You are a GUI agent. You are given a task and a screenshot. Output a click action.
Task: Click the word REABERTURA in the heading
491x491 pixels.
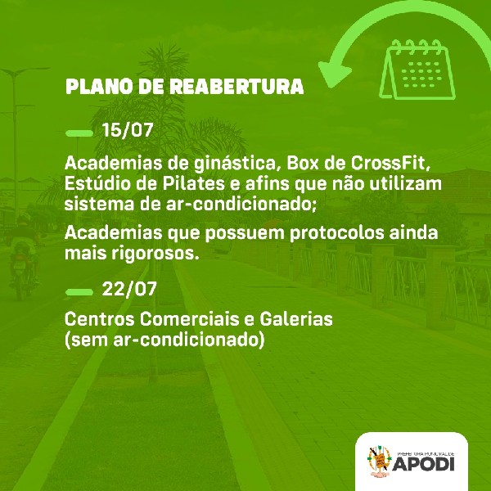click(x=236, y=87)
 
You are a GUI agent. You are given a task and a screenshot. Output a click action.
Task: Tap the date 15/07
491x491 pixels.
click(x=128, y=129)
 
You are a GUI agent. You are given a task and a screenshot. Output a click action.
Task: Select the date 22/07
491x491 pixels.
click(x=129, y=289)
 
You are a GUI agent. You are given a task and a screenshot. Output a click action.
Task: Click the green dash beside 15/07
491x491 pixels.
click(x=79, y=133)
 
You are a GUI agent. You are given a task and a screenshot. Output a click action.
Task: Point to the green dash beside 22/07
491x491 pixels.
click(x=79, y=292)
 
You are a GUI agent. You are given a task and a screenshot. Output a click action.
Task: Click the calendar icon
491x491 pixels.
click(x=417, y=70)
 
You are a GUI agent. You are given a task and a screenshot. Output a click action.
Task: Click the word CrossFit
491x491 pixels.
click(x=390, y=163)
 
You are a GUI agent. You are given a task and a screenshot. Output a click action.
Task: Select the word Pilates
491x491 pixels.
click(x=193, y=184)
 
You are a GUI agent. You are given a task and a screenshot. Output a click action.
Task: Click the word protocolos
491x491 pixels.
click(x=337, y=233)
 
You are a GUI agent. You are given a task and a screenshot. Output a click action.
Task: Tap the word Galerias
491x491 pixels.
click(x=296, y=319)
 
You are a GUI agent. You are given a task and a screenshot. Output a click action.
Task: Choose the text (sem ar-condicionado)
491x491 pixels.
click(x=164, y=340)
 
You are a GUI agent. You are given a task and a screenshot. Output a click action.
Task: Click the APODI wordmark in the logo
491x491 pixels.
click(x=423, y=463)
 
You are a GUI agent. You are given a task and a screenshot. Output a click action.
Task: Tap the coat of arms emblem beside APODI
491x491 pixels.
click(x=379, y=460)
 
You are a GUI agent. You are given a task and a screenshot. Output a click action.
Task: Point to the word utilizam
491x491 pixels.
click(x=405, y=184)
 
